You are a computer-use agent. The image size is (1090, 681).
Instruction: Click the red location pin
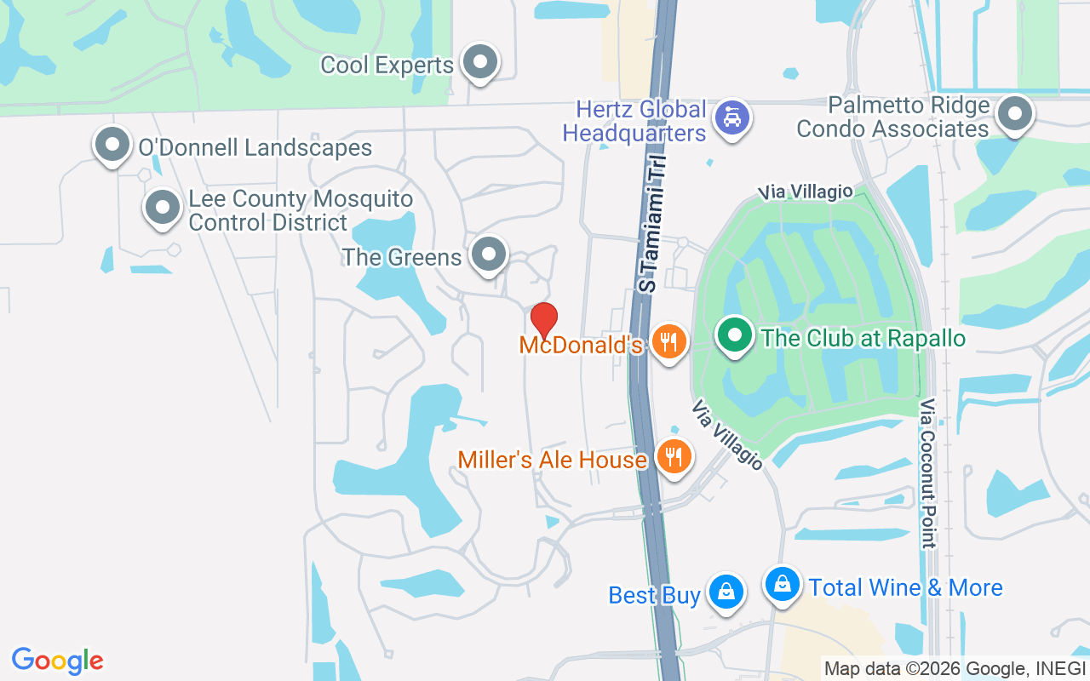(544, 320)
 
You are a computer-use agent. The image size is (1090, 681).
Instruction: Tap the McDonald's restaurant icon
(669, 341)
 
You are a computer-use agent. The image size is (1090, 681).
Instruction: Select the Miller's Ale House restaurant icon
(674, 458)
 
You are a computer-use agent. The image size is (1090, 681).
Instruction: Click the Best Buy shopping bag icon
(726, 590)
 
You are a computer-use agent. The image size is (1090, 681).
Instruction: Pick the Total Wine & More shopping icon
(782, 584)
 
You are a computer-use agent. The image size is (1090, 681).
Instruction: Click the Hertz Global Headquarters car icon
(731, 117)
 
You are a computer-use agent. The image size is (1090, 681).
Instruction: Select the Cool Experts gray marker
(480, 61)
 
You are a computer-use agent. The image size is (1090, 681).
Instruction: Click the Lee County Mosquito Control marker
(162, 207)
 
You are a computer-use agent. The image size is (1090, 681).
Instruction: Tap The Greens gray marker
(489, 254)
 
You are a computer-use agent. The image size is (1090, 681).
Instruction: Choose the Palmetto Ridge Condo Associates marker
(1014, 114)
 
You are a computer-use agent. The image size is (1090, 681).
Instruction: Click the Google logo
(57, 661)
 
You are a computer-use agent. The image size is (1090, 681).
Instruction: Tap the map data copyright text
(955, 668)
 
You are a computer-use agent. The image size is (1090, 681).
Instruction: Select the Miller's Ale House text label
(552, 460)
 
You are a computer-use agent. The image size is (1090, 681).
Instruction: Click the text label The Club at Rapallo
(863, 338)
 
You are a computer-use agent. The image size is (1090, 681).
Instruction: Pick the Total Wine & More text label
(905, 587)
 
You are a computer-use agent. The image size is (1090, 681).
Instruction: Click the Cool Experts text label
(387, 66)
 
